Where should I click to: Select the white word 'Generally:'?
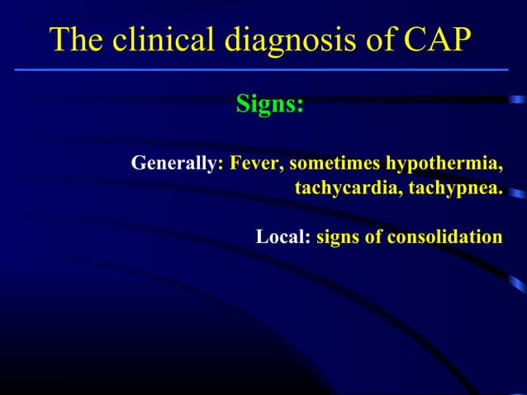178,164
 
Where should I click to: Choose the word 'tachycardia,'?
344,188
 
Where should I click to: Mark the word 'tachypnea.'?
450,188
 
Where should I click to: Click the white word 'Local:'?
283,237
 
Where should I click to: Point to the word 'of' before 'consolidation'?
373,237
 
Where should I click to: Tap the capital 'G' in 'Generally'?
139,163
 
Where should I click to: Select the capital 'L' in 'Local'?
262,237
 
